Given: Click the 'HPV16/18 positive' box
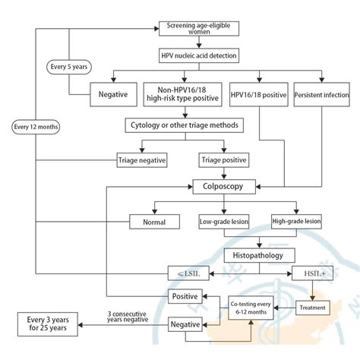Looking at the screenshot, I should pos(259,96).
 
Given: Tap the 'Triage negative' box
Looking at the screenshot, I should pos(142,159).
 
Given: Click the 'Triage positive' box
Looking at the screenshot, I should pos(224,159).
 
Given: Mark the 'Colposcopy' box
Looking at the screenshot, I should pos(224,185).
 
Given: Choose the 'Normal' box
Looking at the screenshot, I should pos(154,222).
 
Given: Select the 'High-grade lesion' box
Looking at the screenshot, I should pos(296,222).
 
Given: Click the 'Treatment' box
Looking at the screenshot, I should pos(314,308).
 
